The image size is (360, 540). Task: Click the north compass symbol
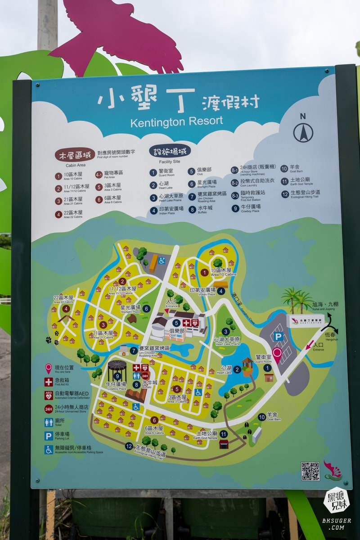coord(303,132)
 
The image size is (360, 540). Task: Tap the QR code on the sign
coord(310,471)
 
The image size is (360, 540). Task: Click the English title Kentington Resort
coord(176,121)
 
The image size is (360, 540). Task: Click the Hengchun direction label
coord(330,336)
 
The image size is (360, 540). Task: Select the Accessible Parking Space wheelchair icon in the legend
coord(49,449)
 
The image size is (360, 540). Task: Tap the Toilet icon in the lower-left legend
coord(49,422)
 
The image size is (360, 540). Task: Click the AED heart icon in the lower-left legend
coord(49,395)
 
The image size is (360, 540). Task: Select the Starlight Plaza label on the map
coord(130,309)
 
